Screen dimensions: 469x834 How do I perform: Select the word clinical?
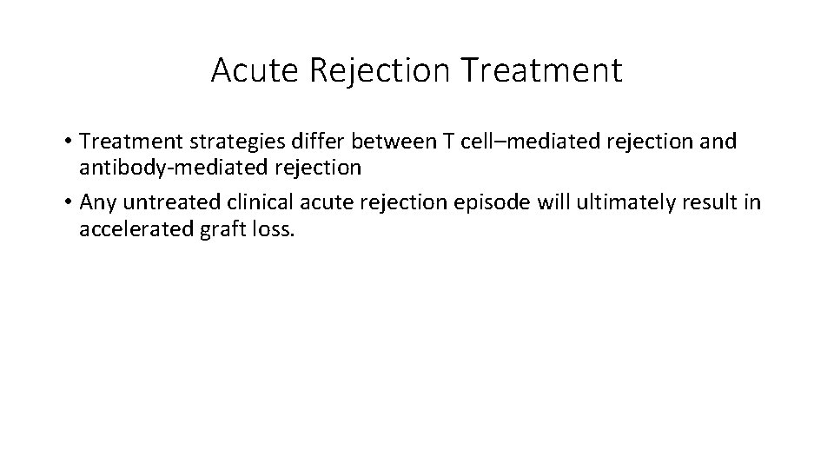256,203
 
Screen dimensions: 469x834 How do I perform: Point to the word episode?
491,203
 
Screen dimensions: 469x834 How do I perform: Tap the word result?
707,203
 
